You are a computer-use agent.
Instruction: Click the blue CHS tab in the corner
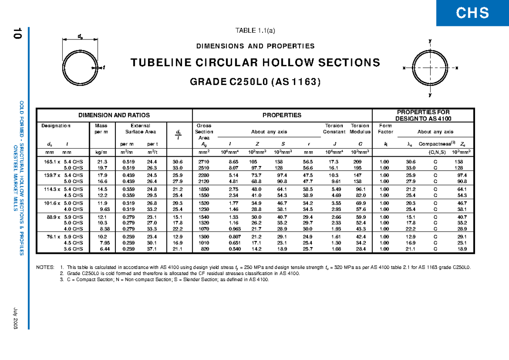pyautogui.click(x=473, y=13)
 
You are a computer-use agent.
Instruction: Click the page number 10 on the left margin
pyautogui.click(x=17, y=34)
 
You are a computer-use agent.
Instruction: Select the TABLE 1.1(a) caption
pyautogui.click(x=255, y=30)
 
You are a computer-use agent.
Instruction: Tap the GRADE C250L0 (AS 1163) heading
pyautogui.click(x=255, y=82)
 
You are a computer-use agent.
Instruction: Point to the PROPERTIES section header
pyautogui.click(x=282, y=115)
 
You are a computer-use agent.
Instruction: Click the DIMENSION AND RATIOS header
pyautogui.click(x=115, y=115)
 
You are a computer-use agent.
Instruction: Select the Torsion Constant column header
pyautogui.click(x=334, y=129)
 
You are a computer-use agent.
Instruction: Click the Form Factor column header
pyautogui.click(x=385, y=129)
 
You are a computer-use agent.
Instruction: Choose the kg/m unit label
pyautogui.click(x=101, y=152)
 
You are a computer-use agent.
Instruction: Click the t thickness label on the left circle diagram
pyautogui.click(x=104, y=67)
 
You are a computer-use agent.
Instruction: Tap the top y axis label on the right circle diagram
pyautogui.click(x=430, y=41)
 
